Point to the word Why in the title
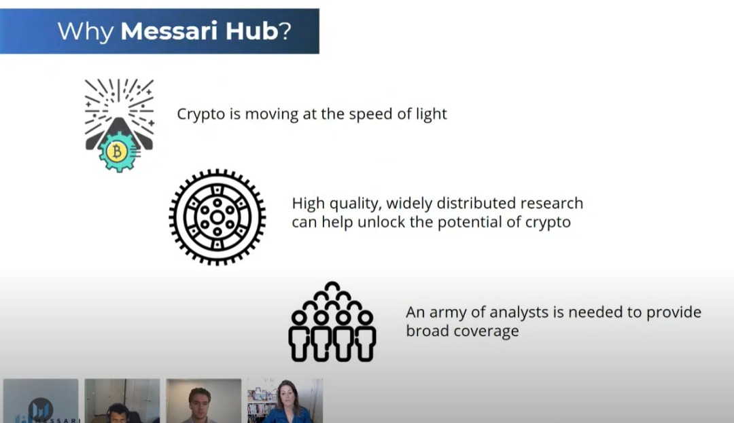tap(86, 31)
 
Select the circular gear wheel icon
tap(217, 217)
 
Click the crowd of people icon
tap(332, 322)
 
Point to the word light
tap(431, 114)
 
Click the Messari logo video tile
tap(41, 402)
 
